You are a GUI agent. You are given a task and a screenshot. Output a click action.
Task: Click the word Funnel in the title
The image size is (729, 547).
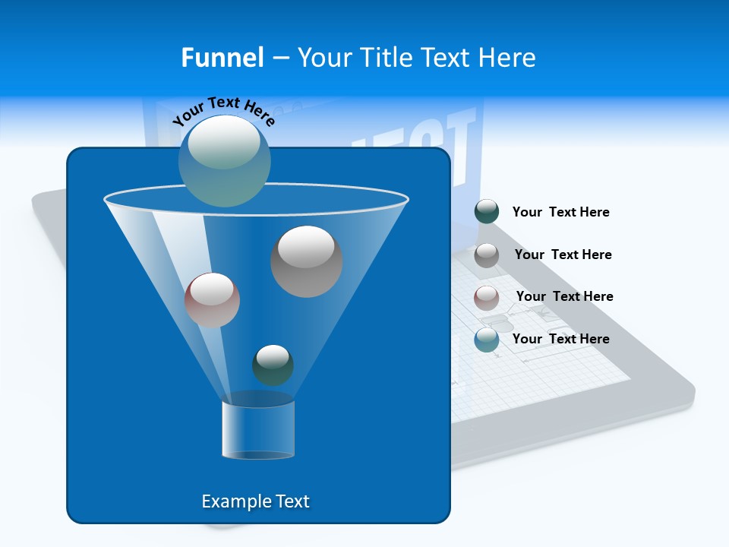[222, 58]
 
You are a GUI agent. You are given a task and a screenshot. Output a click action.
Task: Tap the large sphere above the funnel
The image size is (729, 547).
[225, 160]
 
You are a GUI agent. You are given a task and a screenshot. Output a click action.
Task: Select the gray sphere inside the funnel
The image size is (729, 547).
[307, 261]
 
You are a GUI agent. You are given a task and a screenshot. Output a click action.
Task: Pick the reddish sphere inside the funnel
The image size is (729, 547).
[212, 300]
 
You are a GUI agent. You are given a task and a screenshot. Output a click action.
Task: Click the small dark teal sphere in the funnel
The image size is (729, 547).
[273, 365]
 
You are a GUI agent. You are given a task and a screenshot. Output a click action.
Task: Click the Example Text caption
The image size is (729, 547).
[255, 501]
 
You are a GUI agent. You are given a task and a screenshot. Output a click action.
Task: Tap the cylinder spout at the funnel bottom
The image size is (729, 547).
[258, 430]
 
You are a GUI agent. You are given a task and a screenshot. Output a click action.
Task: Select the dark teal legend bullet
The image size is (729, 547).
[487, 212]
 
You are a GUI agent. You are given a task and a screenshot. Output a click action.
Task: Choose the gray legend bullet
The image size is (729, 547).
[487, 255]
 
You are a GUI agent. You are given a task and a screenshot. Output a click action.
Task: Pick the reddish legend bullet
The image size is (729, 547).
[487, 297]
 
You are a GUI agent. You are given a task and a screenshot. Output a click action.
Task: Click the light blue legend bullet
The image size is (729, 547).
[487, 340]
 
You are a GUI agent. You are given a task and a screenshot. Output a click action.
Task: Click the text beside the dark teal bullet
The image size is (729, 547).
[560, 213]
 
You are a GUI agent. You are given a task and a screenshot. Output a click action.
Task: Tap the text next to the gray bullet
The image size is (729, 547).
[563, 255]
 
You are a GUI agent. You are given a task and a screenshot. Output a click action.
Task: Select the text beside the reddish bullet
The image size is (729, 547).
[564, 296]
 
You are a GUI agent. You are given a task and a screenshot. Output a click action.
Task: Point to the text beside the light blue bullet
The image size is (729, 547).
[560, 339]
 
